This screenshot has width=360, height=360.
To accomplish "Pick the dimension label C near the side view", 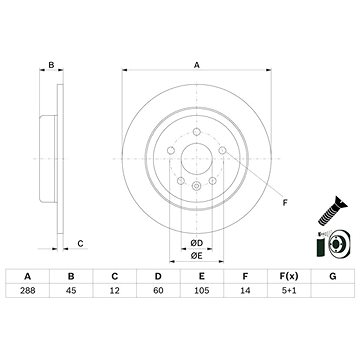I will click(x=80, y=243).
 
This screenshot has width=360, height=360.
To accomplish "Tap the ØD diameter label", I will click(x=197, y=243).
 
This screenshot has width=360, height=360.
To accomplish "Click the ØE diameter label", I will click(x=197, y=256).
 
